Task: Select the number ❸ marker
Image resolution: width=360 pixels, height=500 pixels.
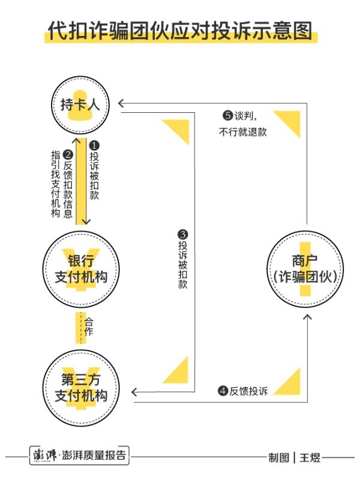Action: pos(183,234)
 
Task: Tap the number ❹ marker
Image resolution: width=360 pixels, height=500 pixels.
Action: pos(223,391)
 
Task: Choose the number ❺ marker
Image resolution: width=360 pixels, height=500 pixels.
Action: pos(227,116)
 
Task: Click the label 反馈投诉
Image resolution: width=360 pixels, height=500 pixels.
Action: pos(248,391)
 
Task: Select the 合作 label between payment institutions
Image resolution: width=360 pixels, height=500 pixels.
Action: pos(89,327)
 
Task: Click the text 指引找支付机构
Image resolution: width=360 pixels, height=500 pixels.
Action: pos(56,184)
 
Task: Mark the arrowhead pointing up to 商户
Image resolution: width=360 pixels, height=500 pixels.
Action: pos(308,317)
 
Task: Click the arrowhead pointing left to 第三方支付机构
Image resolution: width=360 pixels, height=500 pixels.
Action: pos(135,392)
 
